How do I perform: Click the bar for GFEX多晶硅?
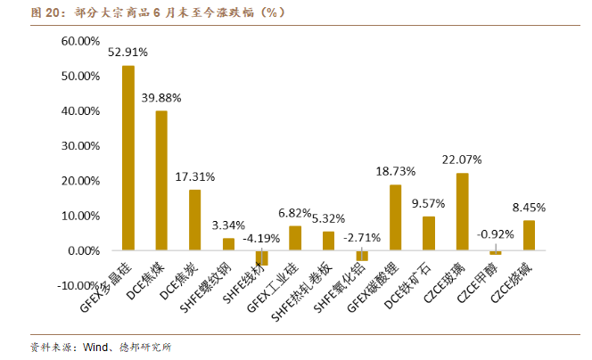coord(128,158)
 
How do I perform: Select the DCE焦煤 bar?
coord(161,180)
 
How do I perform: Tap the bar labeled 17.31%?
coord(194,220)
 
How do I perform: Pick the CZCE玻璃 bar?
coord(462,211)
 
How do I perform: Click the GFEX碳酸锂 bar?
coord(395,217)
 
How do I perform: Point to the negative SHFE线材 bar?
coord(261,258)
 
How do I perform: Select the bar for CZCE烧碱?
coord(529,235)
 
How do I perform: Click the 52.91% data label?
coord(128,53)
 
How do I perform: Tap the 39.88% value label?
coord(161,97)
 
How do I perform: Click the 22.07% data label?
coord(462,160)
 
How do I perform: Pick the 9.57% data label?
coord(429,203)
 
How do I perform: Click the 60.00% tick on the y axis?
coord(79,42)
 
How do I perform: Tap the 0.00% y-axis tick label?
coord(82,250)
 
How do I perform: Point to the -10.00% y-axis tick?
coord(78,285)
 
